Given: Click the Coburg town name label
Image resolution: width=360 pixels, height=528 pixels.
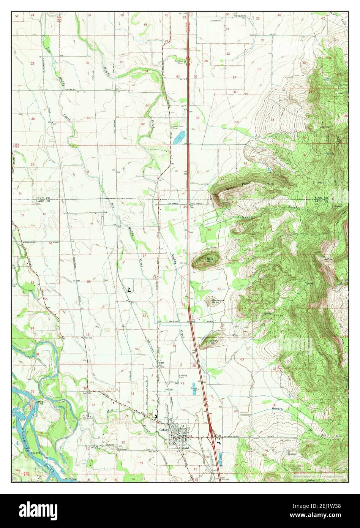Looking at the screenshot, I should click(163, 430).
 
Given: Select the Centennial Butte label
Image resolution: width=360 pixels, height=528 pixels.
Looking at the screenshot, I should click(218, 302).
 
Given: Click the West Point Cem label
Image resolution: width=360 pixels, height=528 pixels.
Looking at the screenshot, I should click(176, 128).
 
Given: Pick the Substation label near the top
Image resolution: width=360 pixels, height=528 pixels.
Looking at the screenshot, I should click(216, 21).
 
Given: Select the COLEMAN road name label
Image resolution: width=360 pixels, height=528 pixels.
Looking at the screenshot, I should click(173, 204).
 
